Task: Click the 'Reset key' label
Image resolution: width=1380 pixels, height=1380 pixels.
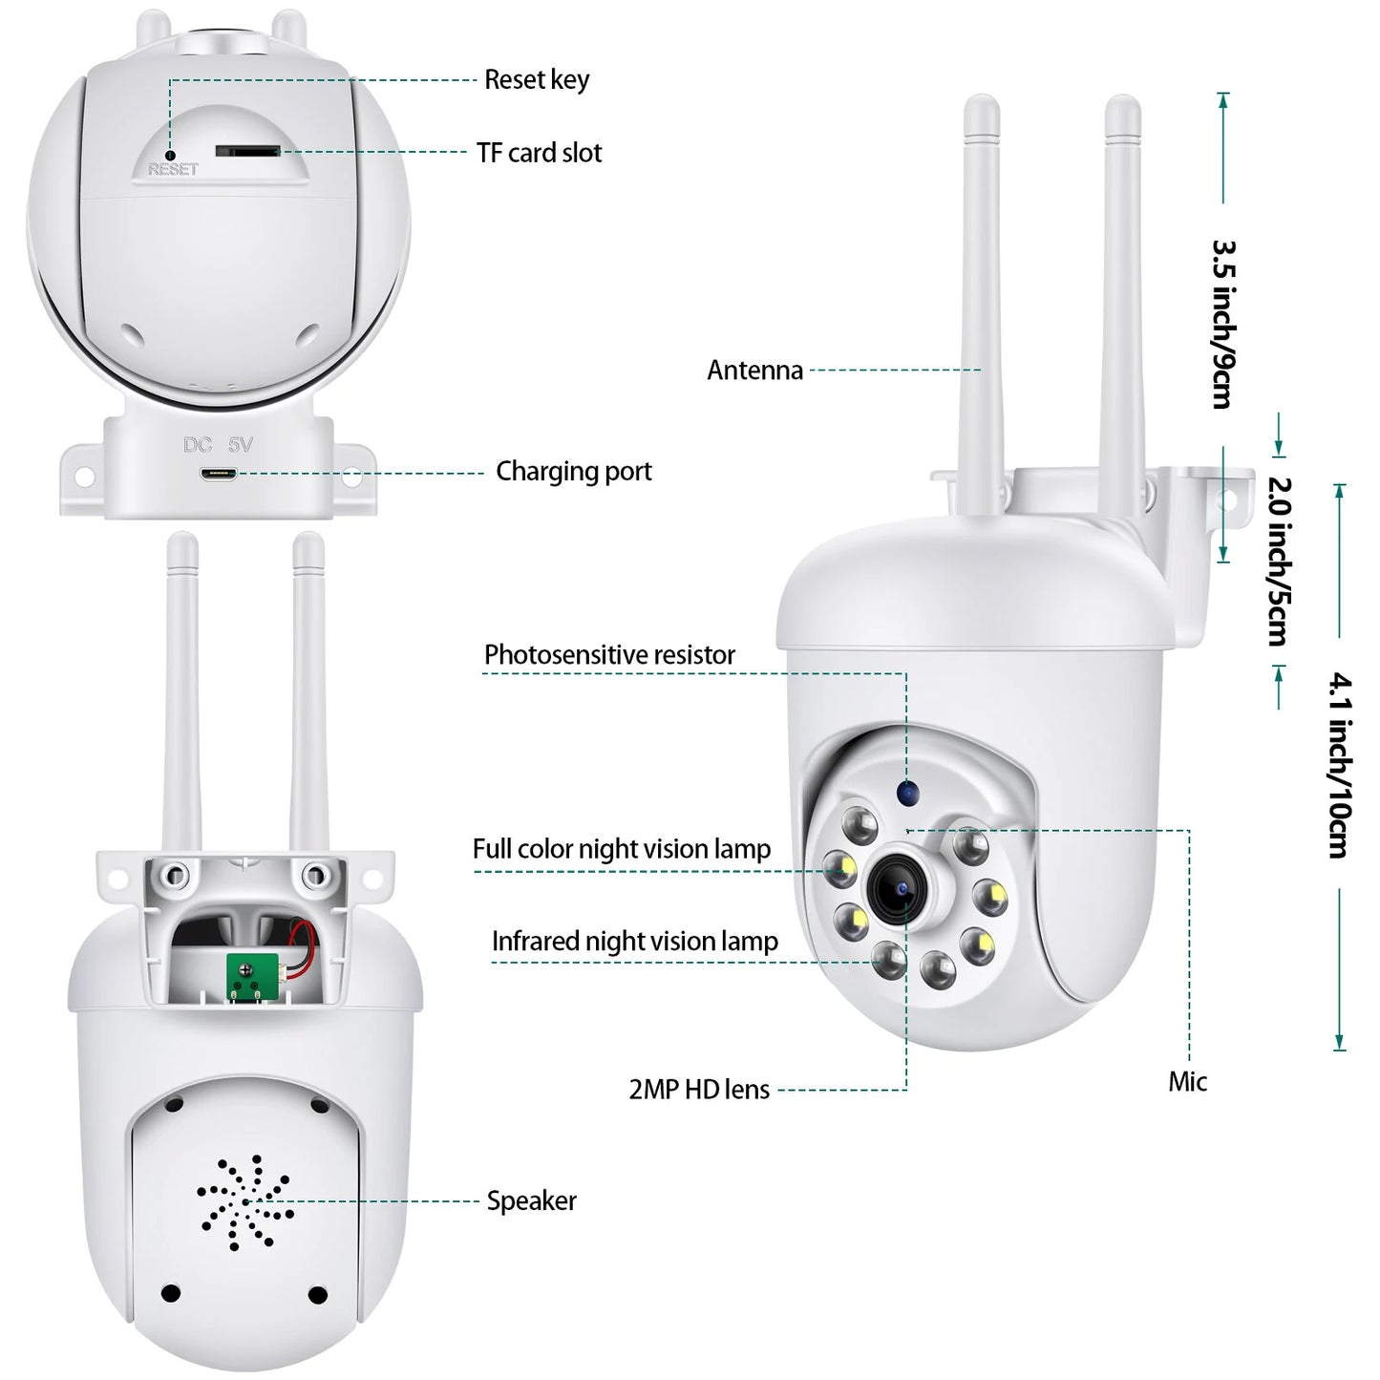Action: (x=536, y=79)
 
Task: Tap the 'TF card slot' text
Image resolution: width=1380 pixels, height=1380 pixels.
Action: (x=539, y=153)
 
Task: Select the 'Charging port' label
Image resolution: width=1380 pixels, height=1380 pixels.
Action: (x=573, y=471)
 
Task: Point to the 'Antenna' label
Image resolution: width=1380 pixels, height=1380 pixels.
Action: (x=754, y=371)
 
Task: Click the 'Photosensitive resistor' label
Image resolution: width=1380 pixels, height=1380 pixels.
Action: (x=609, y=655)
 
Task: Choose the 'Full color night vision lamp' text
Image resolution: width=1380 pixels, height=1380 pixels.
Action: (x=621, y=849)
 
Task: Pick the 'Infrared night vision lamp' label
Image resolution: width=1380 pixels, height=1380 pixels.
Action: (x=634, y=942)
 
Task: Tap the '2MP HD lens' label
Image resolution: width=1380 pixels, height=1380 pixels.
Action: (x=698, y=1090)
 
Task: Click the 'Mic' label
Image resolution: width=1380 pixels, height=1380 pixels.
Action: (x=1187, y=1082)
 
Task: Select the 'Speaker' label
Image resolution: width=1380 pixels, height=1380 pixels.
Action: (x=531, y=1201)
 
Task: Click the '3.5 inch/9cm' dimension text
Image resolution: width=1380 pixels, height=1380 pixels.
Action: (x=1223, y=324)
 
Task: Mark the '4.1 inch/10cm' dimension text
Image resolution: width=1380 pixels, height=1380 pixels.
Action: (x=1340, y=764)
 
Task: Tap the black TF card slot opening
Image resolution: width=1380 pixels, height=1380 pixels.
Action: (x=246, y=151)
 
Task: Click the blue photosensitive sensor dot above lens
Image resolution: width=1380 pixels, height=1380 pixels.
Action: (x=906, y=792)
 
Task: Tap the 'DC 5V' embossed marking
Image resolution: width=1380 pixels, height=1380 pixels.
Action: (x=218, y=445)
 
